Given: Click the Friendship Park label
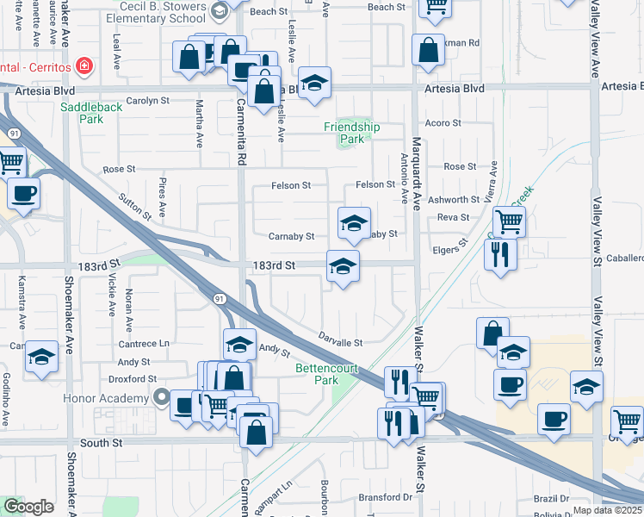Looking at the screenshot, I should click(x=351, y=133).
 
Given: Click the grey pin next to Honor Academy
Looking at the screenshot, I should click(x=161, y=397).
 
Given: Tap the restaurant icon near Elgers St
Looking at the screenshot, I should click(x=498, y=253).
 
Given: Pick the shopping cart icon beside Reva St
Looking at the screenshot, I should click(x=509, y=221).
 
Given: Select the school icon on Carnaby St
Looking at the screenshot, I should click(x=354, y=224).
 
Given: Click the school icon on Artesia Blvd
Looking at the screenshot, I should click(x=316, y=83).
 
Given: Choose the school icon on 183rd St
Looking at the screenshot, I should click(x=343, y=266).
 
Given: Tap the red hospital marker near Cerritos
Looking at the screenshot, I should click(x=84, y=65).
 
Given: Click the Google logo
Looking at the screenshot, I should click(x=28, y=507).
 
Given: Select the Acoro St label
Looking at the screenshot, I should click(x=443, y=123).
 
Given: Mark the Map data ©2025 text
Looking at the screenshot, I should click(x=607, y=510).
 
